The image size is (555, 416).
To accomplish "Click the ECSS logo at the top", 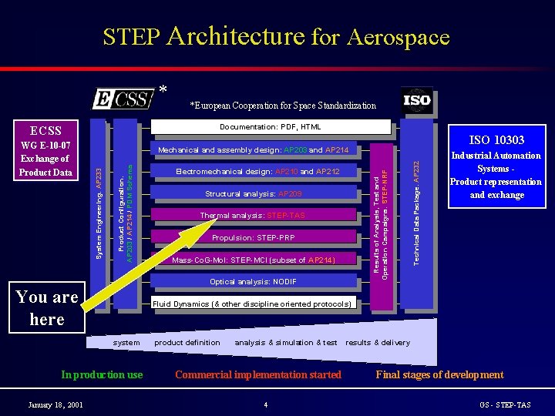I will pos(123,99).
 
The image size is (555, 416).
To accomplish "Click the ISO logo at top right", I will pos(416,100).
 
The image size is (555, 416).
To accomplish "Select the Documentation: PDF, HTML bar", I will pos(270,126).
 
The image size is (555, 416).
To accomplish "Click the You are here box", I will pos(47,307).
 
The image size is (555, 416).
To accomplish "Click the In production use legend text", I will pos(102,375).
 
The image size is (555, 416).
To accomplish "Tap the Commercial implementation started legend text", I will pos(257,375).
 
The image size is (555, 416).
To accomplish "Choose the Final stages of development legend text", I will pos(439,375).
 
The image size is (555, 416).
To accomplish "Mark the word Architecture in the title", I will pos(235,36).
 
